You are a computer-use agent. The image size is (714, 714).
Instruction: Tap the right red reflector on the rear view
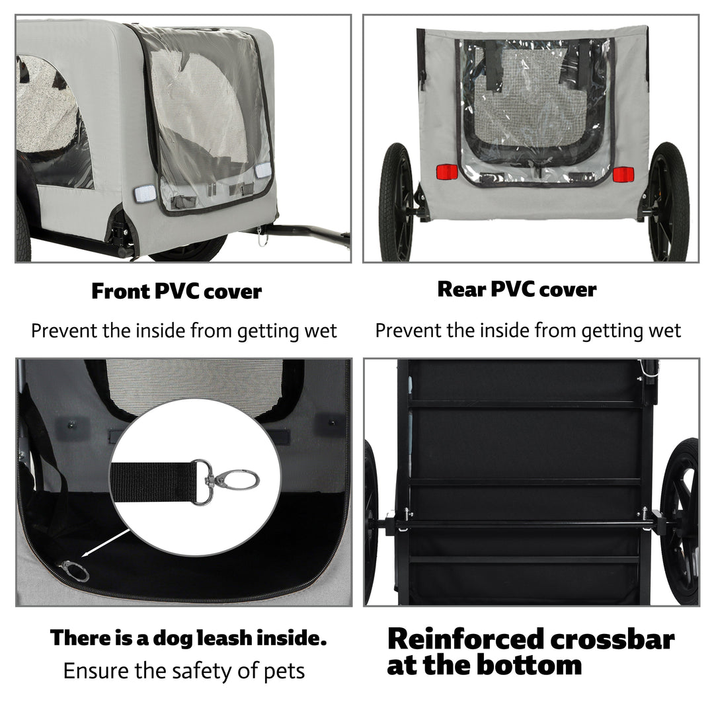tap(623, 175)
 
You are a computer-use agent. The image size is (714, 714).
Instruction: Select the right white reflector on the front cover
tap(263, 170)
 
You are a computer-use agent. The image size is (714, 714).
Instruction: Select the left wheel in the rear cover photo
tap(396, 202)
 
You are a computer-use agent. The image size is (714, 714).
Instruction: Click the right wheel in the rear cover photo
tap(668, 202)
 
